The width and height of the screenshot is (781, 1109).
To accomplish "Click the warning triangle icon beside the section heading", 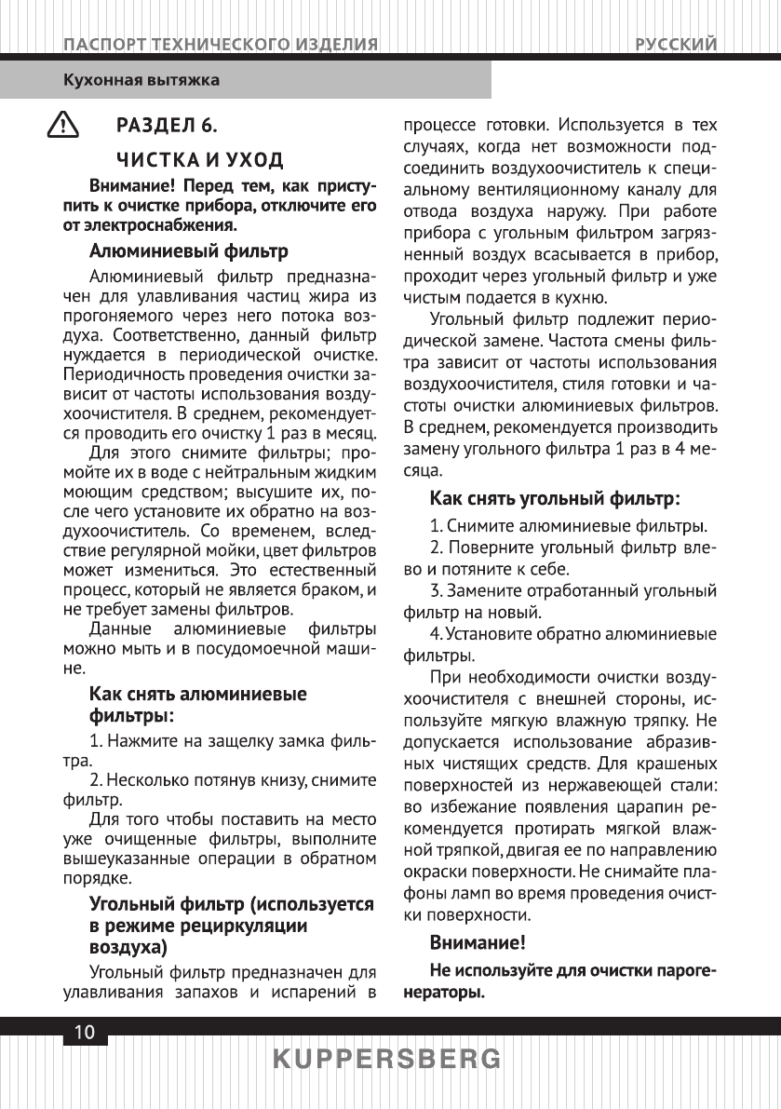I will [x=63, y=125].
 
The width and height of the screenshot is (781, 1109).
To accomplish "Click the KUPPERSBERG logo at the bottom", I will [x=389, y=1060].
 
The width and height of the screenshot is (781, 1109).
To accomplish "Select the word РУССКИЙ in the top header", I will [x=677, y=44].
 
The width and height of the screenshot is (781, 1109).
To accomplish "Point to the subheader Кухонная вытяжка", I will [x=141, y=80].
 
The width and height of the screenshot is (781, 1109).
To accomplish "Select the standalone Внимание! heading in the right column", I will [x=478, y=941].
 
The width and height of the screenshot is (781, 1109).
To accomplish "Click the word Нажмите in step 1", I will [x=141, y=741].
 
